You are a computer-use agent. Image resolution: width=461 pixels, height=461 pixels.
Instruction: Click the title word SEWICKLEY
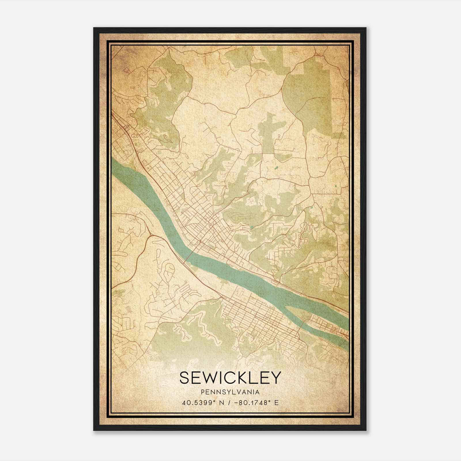coord(230,378)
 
